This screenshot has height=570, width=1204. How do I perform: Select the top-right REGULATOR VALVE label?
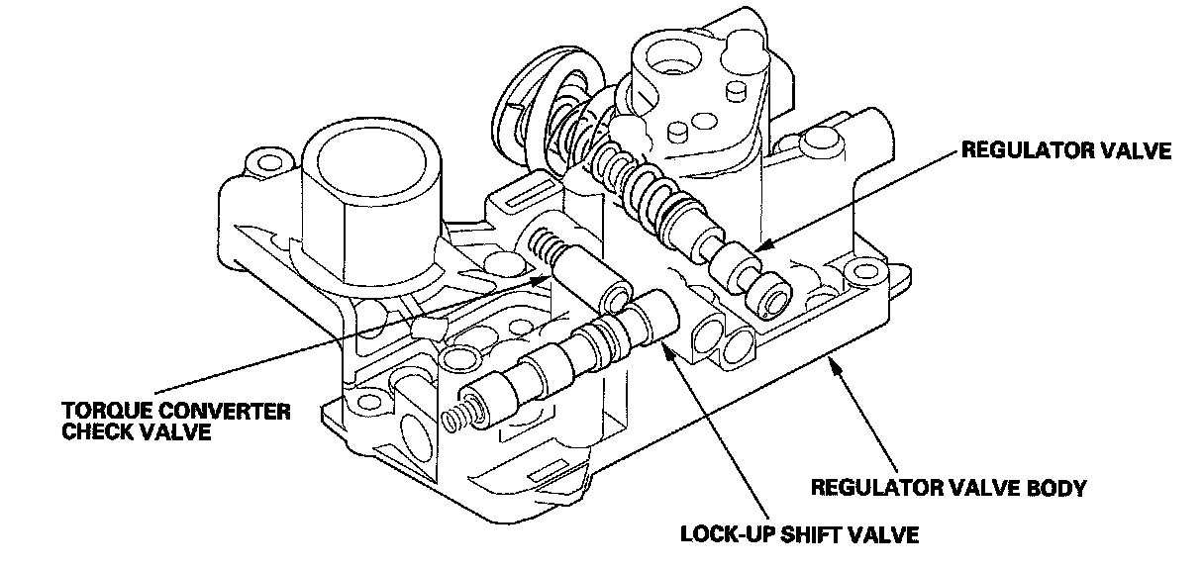click(1064, 151)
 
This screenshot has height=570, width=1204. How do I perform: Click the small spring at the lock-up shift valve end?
click(456, 420)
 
